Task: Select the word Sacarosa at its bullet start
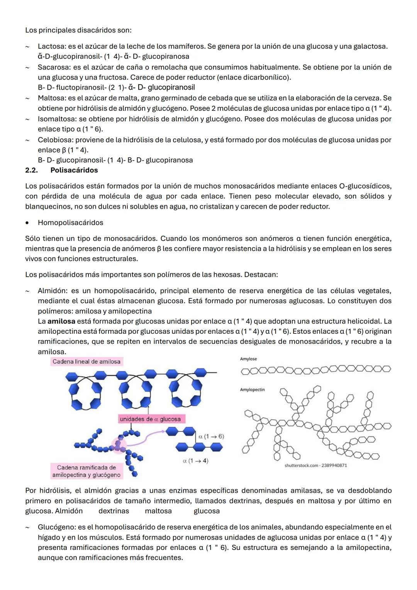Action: click(x=53, y=67)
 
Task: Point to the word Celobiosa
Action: click(x=53, y=140)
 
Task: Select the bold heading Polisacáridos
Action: click(x=74, y=170)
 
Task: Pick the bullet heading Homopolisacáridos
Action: click(x=71, y=223)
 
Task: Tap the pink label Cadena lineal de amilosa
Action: click(x=86, y=362)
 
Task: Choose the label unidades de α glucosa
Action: click(x=150, y=419)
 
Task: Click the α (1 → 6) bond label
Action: click(x=211, y=436)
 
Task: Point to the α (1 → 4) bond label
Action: click(x=195, y=461)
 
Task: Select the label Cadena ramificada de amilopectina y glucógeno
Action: click(x=86, y=471)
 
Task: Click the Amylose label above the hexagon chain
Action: click(x=248, y=359)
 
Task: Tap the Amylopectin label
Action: click(x=252, y=389)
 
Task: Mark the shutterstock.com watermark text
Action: click(x=315, y=465)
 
